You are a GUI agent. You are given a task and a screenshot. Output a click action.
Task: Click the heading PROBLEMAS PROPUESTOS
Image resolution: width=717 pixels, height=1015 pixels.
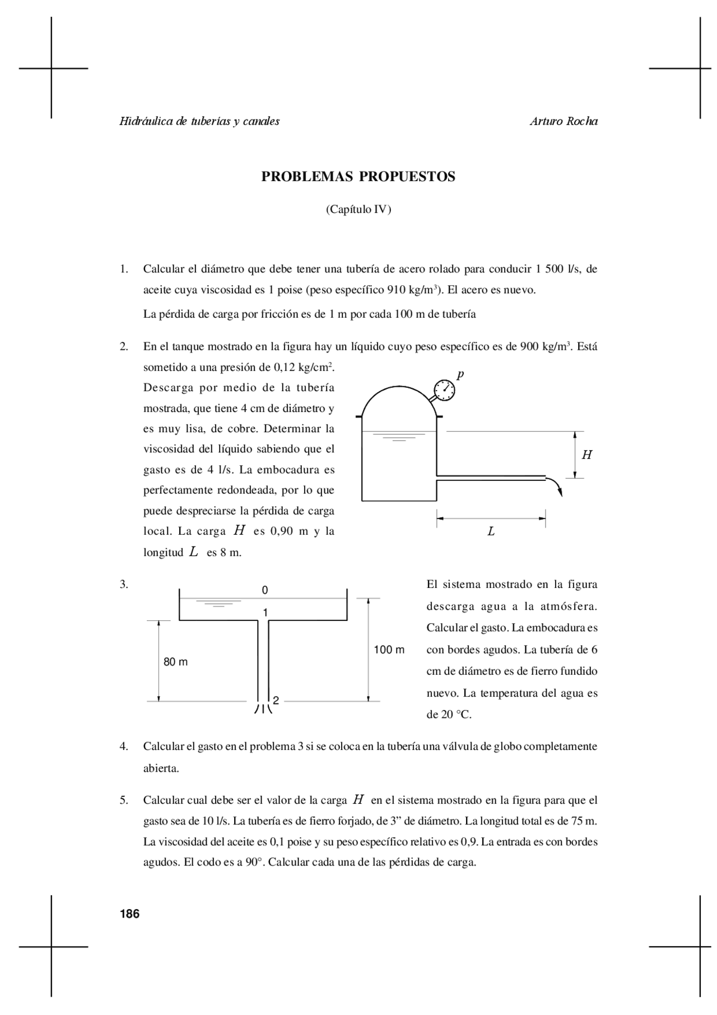click(358, 177)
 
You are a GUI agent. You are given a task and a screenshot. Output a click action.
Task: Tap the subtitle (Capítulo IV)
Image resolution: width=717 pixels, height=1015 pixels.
click(358, 210)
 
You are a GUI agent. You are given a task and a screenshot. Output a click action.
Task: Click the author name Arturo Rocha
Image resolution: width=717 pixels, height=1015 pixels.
click(564, 121)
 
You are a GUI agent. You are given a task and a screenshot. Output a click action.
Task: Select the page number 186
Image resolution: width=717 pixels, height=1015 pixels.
click(129, 914)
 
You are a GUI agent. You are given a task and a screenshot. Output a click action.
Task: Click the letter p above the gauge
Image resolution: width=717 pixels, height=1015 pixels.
click(460, 374)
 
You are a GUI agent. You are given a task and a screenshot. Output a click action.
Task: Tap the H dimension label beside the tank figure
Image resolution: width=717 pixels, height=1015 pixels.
click(586, 455)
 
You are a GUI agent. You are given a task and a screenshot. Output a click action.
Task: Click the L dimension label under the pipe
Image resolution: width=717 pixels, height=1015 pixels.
click(491, 531)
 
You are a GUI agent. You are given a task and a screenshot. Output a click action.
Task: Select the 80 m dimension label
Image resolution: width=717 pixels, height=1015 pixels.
click(175, 662)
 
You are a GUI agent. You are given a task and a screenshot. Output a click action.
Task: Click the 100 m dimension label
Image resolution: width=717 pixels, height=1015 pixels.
click(389, 650)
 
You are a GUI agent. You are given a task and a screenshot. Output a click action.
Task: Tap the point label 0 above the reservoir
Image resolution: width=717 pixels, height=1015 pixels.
click(265, 590)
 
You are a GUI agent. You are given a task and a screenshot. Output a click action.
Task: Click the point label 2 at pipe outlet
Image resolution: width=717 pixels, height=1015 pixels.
click(276, 700)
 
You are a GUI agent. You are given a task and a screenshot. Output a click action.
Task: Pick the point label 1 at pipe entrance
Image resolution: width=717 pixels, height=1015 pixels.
click(266, 613)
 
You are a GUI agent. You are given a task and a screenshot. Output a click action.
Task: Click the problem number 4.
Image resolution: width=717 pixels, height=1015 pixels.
click(124, 747)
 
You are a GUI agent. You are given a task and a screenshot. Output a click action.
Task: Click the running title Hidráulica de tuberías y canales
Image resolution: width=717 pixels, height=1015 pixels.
click(199, 121)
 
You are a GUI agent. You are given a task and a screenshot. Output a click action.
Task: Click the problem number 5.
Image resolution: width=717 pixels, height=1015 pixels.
click(124, 800)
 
